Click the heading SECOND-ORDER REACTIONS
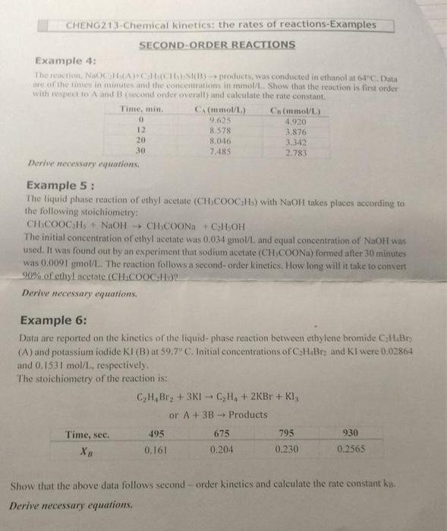[x=217, y=45]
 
